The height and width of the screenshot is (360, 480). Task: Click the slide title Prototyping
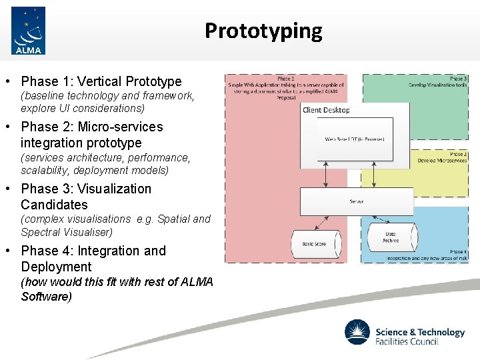[263, 31]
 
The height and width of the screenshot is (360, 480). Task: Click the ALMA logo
[28, 31]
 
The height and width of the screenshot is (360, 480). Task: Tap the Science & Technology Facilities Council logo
[404, 332]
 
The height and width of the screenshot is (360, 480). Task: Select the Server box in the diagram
[357, 201]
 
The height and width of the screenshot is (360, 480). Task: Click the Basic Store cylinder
[314, 244]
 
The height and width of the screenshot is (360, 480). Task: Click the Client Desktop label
[326, 110]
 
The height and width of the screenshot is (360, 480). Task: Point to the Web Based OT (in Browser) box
[354, 139]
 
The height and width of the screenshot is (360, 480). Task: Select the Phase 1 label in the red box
[285, 78]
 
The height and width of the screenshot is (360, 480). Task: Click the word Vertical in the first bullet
[100, 82]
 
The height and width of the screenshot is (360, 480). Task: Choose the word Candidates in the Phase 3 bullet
[54, 205]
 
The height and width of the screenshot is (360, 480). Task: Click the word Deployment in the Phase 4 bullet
[56, 267]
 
